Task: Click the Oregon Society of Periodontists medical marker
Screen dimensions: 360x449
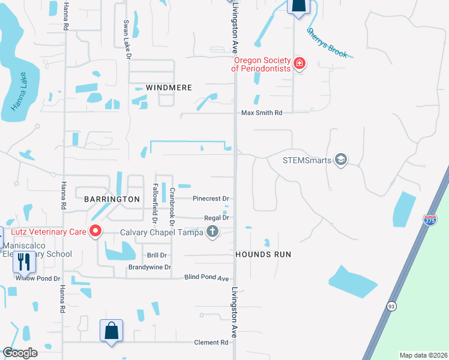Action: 299,64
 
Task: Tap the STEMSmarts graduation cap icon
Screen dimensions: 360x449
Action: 341,160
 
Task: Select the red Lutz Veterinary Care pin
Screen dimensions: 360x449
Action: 95,231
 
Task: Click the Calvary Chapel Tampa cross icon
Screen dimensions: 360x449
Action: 211,232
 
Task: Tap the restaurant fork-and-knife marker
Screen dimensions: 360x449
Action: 24,262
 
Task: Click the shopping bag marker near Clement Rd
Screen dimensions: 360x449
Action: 111,331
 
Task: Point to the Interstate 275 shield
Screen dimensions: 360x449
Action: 430,220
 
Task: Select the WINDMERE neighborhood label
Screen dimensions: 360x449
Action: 161,88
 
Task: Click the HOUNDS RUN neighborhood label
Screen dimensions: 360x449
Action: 263,254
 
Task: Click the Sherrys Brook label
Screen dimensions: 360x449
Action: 327,43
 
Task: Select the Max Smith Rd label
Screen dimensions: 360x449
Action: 261,113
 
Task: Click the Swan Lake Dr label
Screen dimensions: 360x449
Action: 127,40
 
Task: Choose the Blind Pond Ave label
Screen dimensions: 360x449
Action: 206,278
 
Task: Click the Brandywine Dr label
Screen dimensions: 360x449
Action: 149,267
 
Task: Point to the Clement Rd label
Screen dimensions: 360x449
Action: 211,343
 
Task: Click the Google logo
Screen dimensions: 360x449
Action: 20,352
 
